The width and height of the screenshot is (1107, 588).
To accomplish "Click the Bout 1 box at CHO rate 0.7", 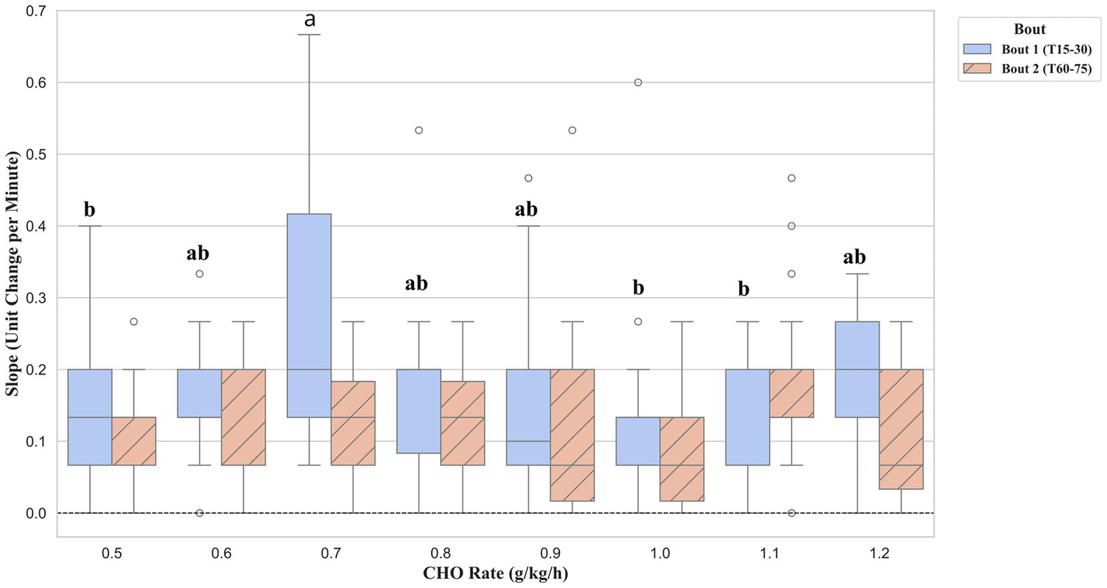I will [x=309, y=316].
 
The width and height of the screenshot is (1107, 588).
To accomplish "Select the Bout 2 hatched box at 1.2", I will [x=901, y=429].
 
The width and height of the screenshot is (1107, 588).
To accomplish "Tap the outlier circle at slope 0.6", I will [x=638, y=83].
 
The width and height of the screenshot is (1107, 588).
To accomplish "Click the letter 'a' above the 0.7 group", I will [x=309, y=19].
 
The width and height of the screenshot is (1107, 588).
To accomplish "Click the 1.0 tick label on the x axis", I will [x=660, y=553].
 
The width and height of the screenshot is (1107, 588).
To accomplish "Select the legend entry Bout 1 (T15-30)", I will [x=1046, y=50].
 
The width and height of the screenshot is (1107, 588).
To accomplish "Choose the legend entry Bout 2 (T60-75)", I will [x=1046, y=69].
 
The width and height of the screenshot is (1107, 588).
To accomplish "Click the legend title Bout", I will [x=1029, y=30].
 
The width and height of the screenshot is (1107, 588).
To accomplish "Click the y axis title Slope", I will [x=12, y=273].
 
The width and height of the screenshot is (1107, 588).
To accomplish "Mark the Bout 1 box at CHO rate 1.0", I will [x=638, y=441].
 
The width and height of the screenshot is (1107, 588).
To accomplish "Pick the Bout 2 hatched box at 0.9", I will [x=573, y=435].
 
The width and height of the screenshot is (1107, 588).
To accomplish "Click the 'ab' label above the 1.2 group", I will [x=854, y=257].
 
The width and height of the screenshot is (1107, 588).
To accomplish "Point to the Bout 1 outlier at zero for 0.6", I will [x=200, y=513].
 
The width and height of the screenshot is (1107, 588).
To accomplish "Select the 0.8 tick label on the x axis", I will [x=441, y=553].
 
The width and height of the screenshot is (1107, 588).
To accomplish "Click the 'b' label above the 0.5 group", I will [x=89, y=210].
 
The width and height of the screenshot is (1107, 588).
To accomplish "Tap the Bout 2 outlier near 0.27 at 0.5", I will [x=133, y=321].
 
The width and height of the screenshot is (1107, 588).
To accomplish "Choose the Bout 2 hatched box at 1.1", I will [x=792, y=393].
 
